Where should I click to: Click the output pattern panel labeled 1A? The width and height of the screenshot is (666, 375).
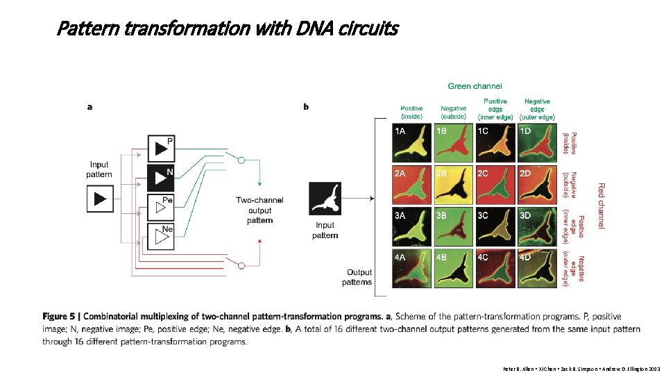(411, 144)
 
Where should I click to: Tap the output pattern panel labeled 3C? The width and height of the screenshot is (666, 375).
(493, 226)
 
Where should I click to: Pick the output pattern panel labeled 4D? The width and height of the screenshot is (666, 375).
(535, 267)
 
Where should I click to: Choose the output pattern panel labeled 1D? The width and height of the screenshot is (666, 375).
(535, 144)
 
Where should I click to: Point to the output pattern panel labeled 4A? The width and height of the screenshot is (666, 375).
(411, 267)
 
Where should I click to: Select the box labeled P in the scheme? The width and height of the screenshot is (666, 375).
(161, 147)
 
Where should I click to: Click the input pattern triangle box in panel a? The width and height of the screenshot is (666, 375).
(100, 199)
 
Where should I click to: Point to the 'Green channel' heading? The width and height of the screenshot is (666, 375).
(475, 86)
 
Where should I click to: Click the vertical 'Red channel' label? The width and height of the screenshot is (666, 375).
(601, 206)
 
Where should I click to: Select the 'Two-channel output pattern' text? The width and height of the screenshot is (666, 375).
(259, 210)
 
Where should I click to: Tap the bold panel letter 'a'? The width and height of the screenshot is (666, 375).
(90, 107)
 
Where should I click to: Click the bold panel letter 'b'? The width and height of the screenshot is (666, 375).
(307, 107)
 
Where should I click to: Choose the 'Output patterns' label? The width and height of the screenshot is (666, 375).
(357, 277)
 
